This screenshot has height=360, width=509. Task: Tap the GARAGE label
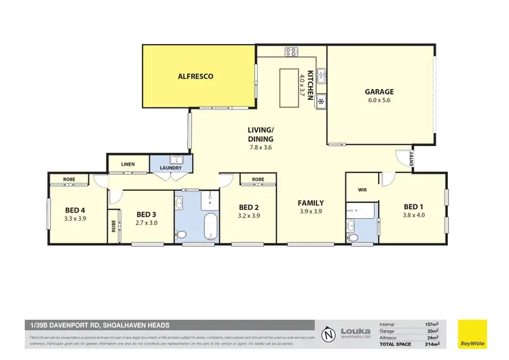(x=379, y=92)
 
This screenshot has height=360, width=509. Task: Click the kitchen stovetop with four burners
(x=291, y=51)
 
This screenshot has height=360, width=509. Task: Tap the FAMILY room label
(x=310, y=202)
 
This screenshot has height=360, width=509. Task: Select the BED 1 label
(x=414, y=206)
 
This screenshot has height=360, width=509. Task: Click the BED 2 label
(x=249, y=207)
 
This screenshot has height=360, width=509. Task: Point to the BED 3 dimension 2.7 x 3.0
(x=147, y=222)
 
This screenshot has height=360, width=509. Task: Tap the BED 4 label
(x=75, y=209)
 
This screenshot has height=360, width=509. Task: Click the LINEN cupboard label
(x=128, y=164)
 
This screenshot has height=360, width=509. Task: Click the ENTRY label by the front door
(x=411, y=158)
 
